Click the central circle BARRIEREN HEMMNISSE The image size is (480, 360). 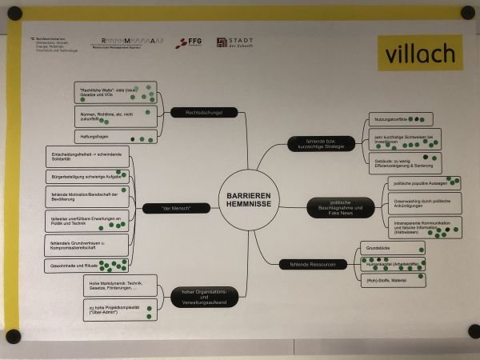pyautogui.click(x=248, y=198)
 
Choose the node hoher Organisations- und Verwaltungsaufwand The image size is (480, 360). pyautogui.click(x=204, y=298)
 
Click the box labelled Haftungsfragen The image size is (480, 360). pyautogui.click(x=115, y=138)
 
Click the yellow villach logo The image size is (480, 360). pyautogui.click(x=419, y=54)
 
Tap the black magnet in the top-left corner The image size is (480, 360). pyautogui.click(x=14, y=14)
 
